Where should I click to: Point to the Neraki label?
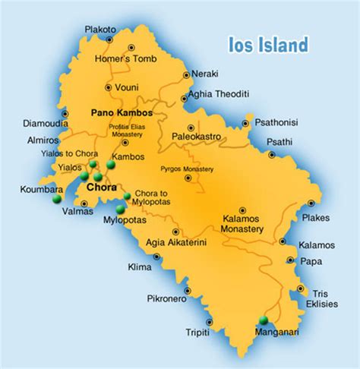[205, 73]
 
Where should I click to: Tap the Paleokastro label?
[192, 137]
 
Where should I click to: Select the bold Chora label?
[102, 187]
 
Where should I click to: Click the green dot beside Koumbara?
[56, 200]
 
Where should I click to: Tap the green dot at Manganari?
[264, 320]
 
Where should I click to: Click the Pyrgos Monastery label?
[186, 169]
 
